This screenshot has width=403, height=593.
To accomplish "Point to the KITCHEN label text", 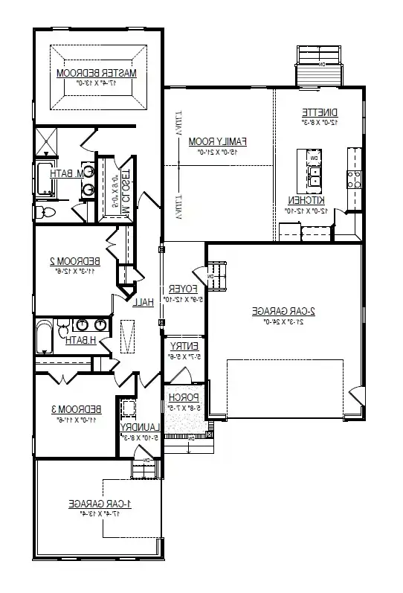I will [x=306, y=200].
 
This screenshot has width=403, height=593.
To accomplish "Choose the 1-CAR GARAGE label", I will [x=100, y=504].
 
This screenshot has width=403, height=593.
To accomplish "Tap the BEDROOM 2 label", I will [x=74, y=260].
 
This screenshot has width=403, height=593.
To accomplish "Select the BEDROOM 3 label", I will [x=76, y=409].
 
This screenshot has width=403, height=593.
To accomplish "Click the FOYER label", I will [x=181, y=288].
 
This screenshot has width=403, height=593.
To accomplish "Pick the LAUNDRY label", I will [x=138, y=427].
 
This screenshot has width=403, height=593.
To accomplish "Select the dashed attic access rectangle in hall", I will [x=129, y=337].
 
